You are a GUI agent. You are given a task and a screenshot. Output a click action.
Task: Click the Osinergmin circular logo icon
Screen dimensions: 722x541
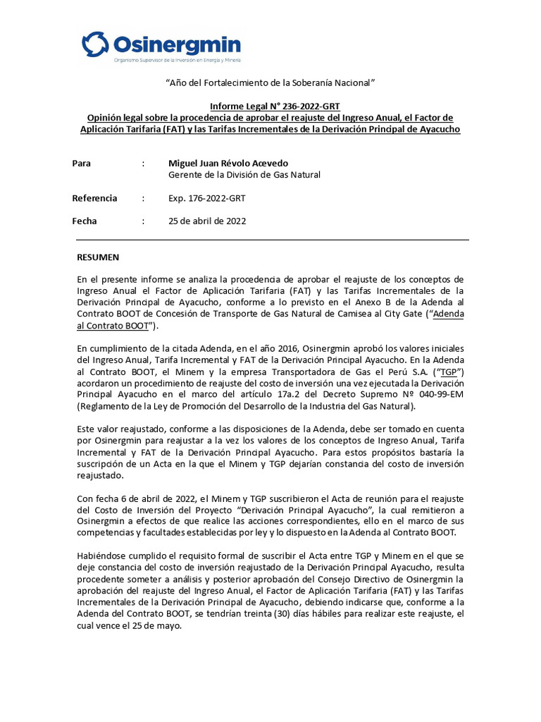pyautogui.click(x=95, y=44)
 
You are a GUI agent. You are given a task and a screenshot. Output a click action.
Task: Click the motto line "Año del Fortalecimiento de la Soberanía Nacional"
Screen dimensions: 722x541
pyautogui.click(x=270, y=83)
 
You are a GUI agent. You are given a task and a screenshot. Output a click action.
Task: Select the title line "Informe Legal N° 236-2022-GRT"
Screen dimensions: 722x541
pyautogui.click(x=270, y=106)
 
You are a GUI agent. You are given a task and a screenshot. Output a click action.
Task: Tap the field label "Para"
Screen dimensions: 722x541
pyautogui.click(x=82, y=163)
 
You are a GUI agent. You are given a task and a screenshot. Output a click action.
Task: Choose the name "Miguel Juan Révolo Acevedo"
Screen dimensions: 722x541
pyautogui.click(x=228, y=163)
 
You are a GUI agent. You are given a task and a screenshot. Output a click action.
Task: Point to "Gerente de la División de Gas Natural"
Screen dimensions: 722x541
pyautogui.click(x=244, y=175)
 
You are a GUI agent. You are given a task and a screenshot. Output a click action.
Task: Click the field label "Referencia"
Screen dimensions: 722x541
pyautogui.click(x=95, y=198)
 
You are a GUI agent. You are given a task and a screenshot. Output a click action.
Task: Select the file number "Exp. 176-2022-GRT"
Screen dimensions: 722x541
pyautogui.click(x=207, y=198)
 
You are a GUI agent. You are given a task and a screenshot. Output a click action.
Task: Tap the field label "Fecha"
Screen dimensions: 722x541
pyautogui.click(x=85, y=221)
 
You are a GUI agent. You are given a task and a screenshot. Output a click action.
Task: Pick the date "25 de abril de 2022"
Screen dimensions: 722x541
pyautogui.click(x=207, y=221)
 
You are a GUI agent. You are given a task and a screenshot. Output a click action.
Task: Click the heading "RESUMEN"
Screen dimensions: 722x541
pyautogui.click(x=98, y=257)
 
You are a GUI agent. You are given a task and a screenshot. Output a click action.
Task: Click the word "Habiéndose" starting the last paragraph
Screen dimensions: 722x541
pyautogui.click(x=101, y=555)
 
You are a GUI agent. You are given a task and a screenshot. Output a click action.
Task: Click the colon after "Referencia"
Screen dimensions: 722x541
pyautogui.click(x=143, y=198)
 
